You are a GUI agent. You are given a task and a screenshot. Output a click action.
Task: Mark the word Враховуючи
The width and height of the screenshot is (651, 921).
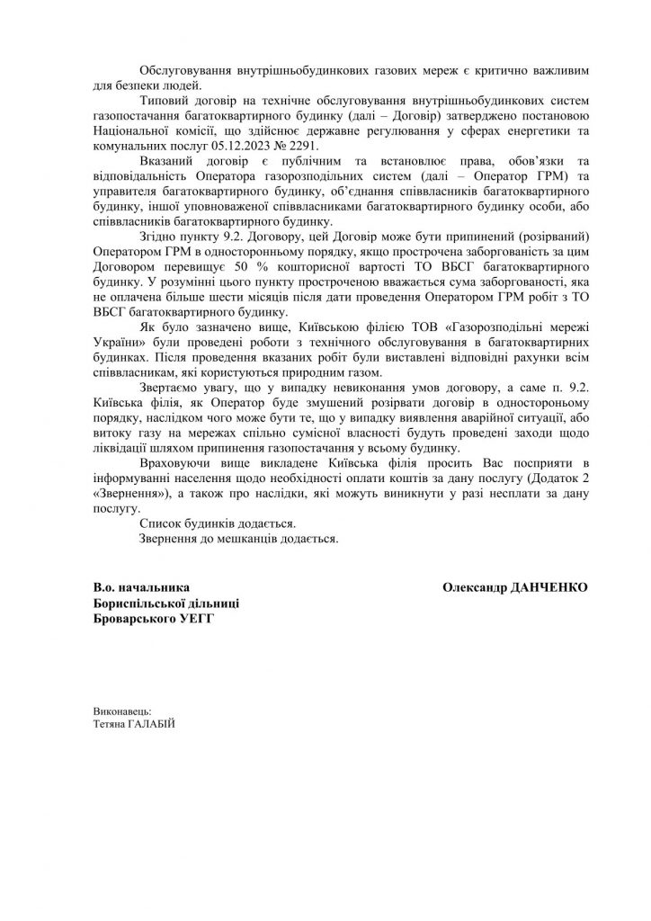click(x=177, y=466)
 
